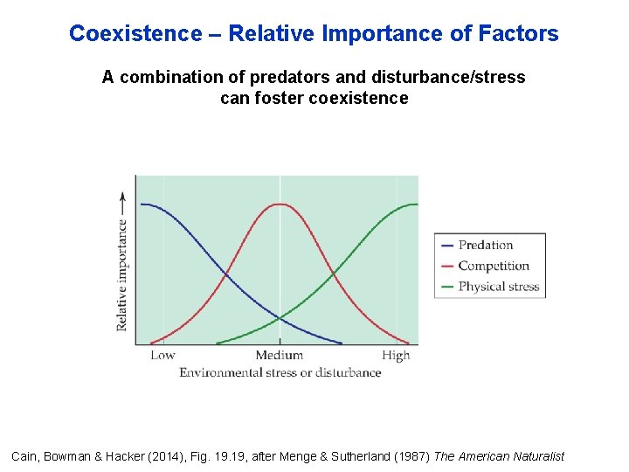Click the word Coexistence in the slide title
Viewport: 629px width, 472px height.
(135, 34)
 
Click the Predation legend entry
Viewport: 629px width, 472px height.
(485, 246)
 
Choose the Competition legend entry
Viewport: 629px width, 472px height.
(493, 266)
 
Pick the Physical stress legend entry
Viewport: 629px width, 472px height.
(498, 287)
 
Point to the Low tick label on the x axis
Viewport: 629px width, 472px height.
(162, 355)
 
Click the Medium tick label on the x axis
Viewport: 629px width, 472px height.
(280, 355)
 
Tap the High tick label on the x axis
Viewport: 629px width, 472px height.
(396, 355)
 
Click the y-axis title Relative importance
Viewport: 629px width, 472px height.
(122, 274)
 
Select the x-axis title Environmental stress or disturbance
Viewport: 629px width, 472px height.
(280, 372)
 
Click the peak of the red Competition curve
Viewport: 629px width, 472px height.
(280, 204)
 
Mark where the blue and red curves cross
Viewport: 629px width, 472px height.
(226, 274)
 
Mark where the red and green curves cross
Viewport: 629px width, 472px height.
(334, 274)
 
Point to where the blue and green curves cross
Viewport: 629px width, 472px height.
(280, 318)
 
